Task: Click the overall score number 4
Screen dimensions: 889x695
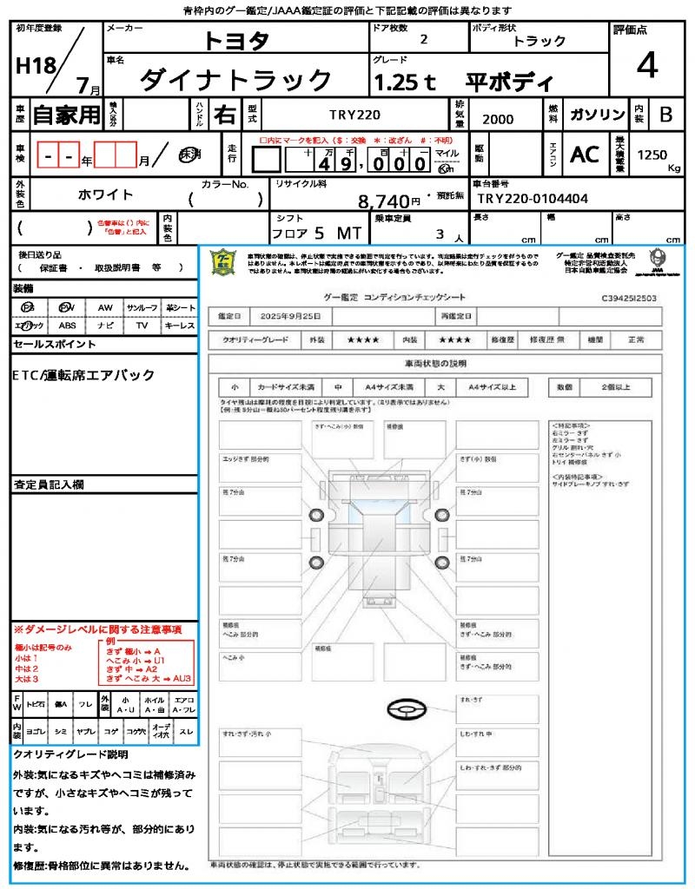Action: pyautogui.click(x=646, y=65)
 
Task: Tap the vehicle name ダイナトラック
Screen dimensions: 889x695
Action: pyautogui.click(x=235, y=81)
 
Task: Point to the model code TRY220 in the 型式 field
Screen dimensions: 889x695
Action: pyautogui.click(x=354, y=115)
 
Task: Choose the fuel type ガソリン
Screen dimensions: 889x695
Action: pyautogui.click(x=597, y=115)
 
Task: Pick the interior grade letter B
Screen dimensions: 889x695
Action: pyautogui.click(x=665, y=115)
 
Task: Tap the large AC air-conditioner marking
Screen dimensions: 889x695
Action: pyautogui.click(x=584, y=154)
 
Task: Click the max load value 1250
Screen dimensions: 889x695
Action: pyautogui.click(x=652, y=155)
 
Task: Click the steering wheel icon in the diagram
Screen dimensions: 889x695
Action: pyautogui.click(x=406, y=711)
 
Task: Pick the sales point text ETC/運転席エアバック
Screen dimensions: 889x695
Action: pyautogui.click(x=84, y=375)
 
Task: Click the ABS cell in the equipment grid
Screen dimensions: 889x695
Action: pyautogui.click(x=67, y=326)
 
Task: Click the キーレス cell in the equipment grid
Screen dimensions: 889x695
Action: pyautogui.click(x=179, y=326)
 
